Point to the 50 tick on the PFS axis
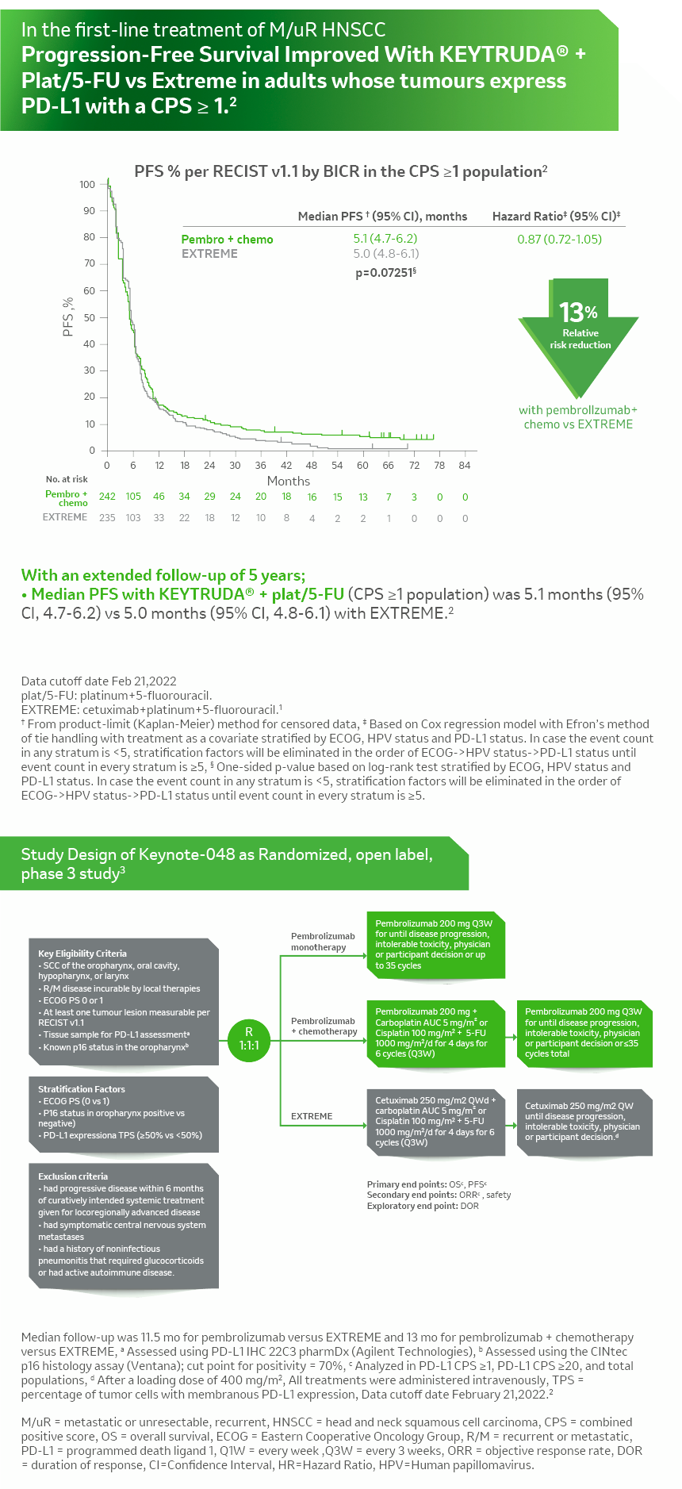click(89, 317)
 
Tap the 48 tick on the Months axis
click(312, 466)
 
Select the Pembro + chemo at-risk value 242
click(107, 497)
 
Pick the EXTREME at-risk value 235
click(107, 518)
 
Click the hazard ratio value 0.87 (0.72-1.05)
click(559, 239)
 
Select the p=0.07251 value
click(385, 273)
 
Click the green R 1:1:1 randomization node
click(249, 1038)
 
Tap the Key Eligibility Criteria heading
click(82, 954)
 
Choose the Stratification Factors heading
click(82, 1089)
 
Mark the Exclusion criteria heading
click(73, 1176)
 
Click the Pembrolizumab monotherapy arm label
click(322, 942)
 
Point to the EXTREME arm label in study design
click(312, 1116)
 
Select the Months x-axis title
click(289, 481)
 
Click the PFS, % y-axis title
click(68, 317)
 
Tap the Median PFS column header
click(382, 217)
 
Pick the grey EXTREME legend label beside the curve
click(209, 254)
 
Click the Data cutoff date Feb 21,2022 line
click(99, 681)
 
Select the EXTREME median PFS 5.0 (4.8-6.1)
click(385, 254)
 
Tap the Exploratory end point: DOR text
click(423, 1206)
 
